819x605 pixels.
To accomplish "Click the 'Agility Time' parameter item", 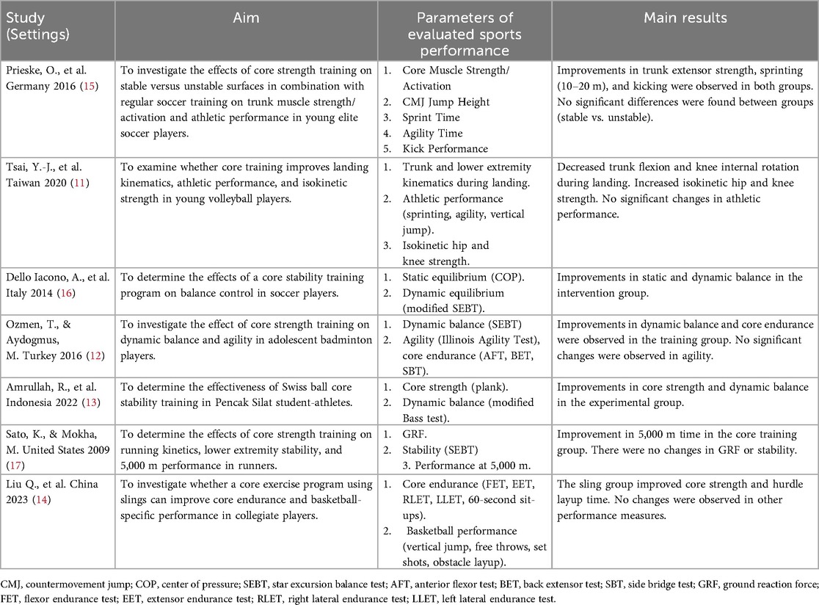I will pos(433,132).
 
